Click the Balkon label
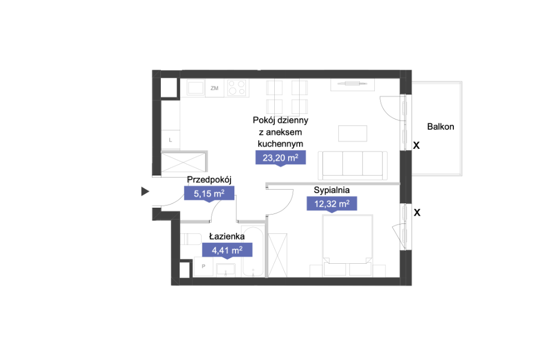click(x=441, y=127)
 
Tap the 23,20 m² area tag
click(x=280, y=158)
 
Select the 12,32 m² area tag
click(x=332, y=204)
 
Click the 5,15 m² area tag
click(x=209, y=194)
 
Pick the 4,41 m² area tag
click(x=227, y=251)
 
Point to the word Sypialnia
click(x=332, y=190)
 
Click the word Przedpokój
click(x=209, y=180)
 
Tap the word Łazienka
click(x=227, y=236)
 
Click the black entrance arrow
click(x=145, y=191)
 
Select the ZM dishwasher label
click(x=215, y=88)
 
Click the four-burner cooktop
click(x=237, y=87)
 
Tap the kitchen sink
click(x=196, y=87)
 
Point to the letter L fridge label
click(x=170, y=140)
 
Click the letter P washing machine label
click(x=203, y=266)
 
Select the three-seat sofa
click(x=353, y=165)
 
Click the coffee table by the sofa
click(x=353, y=133)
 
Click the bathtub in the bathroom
click(x=253, y=252)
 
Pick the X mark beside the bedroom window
click(x=417, y=212)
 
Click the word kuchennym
click(x=280, y=144)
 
